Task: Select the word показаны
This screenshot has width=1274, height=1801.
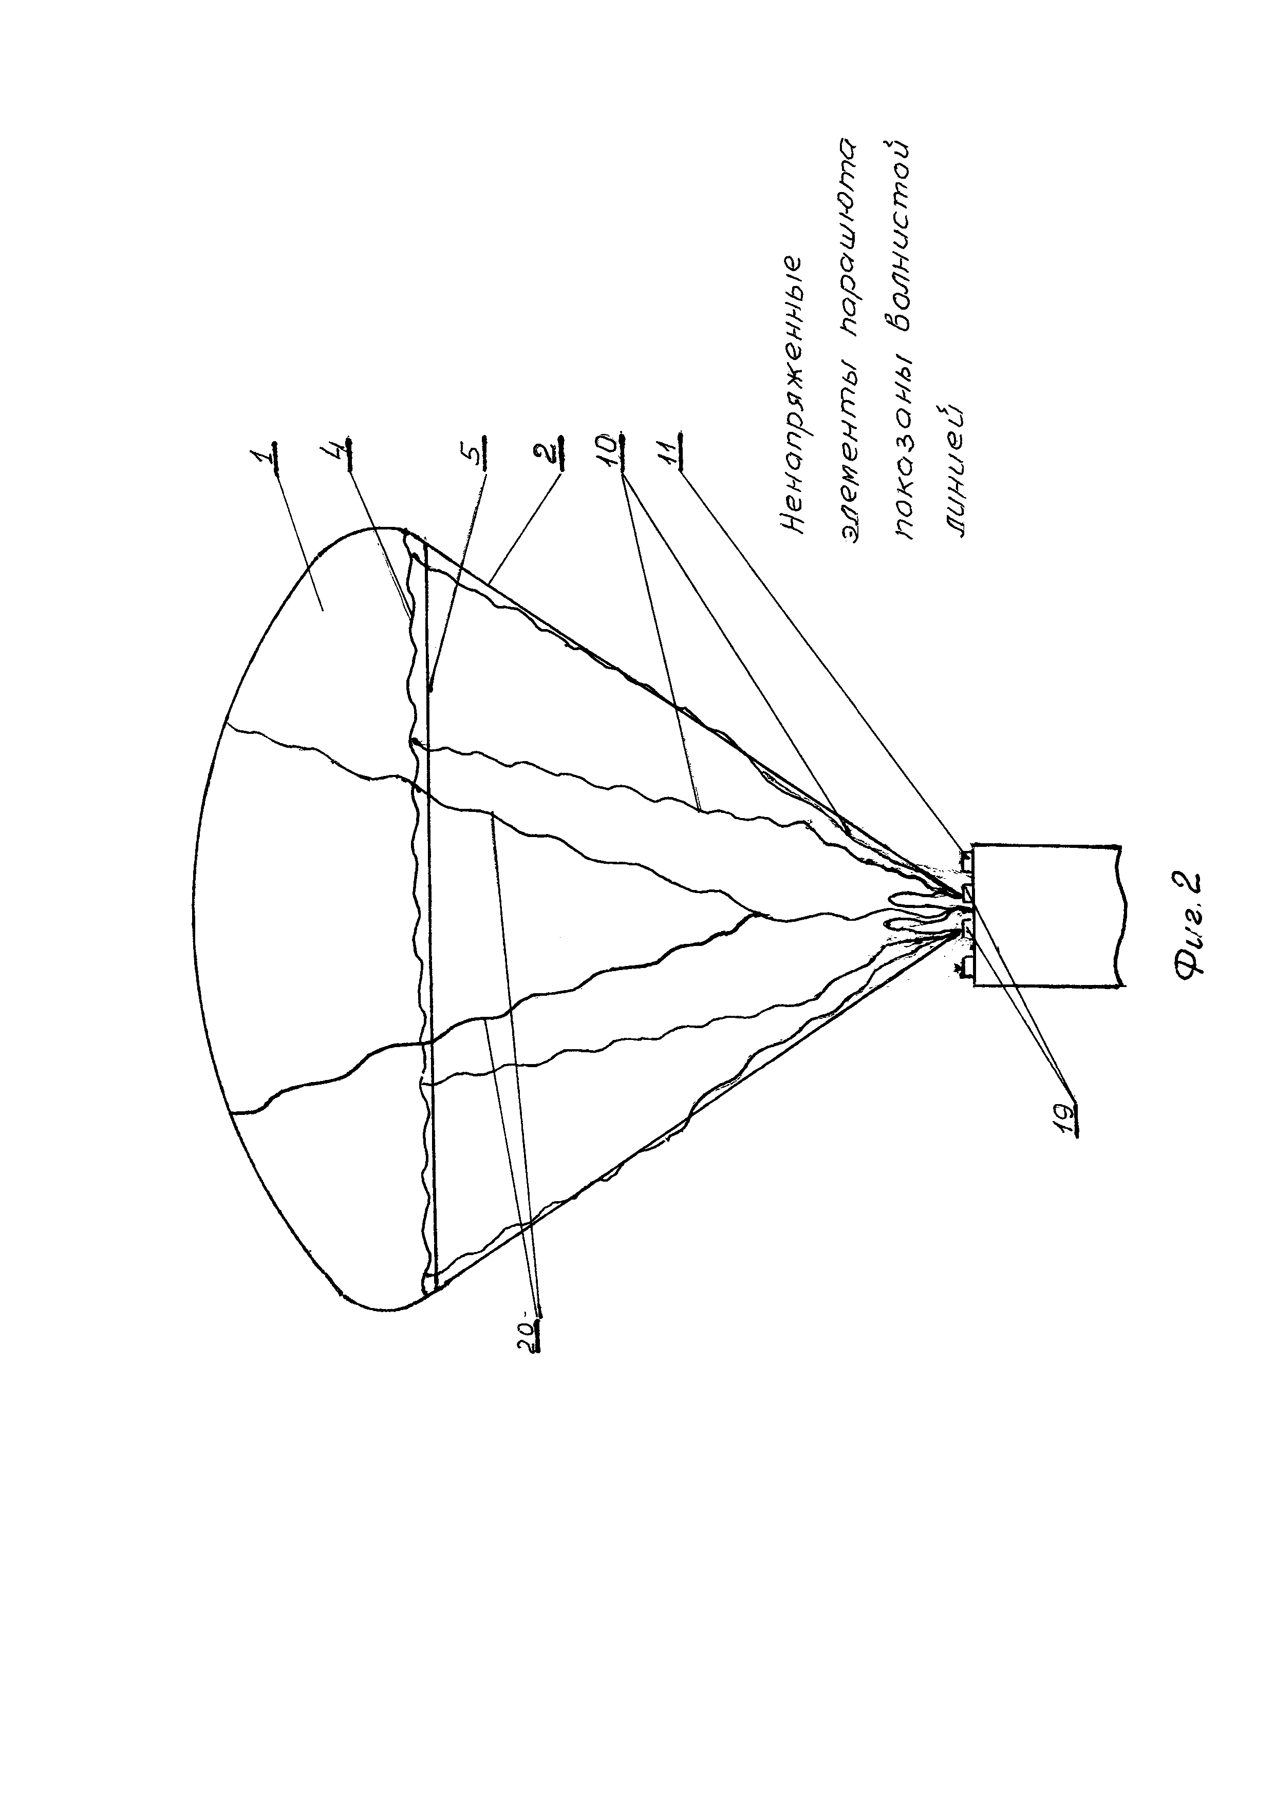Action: point(908,448)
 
